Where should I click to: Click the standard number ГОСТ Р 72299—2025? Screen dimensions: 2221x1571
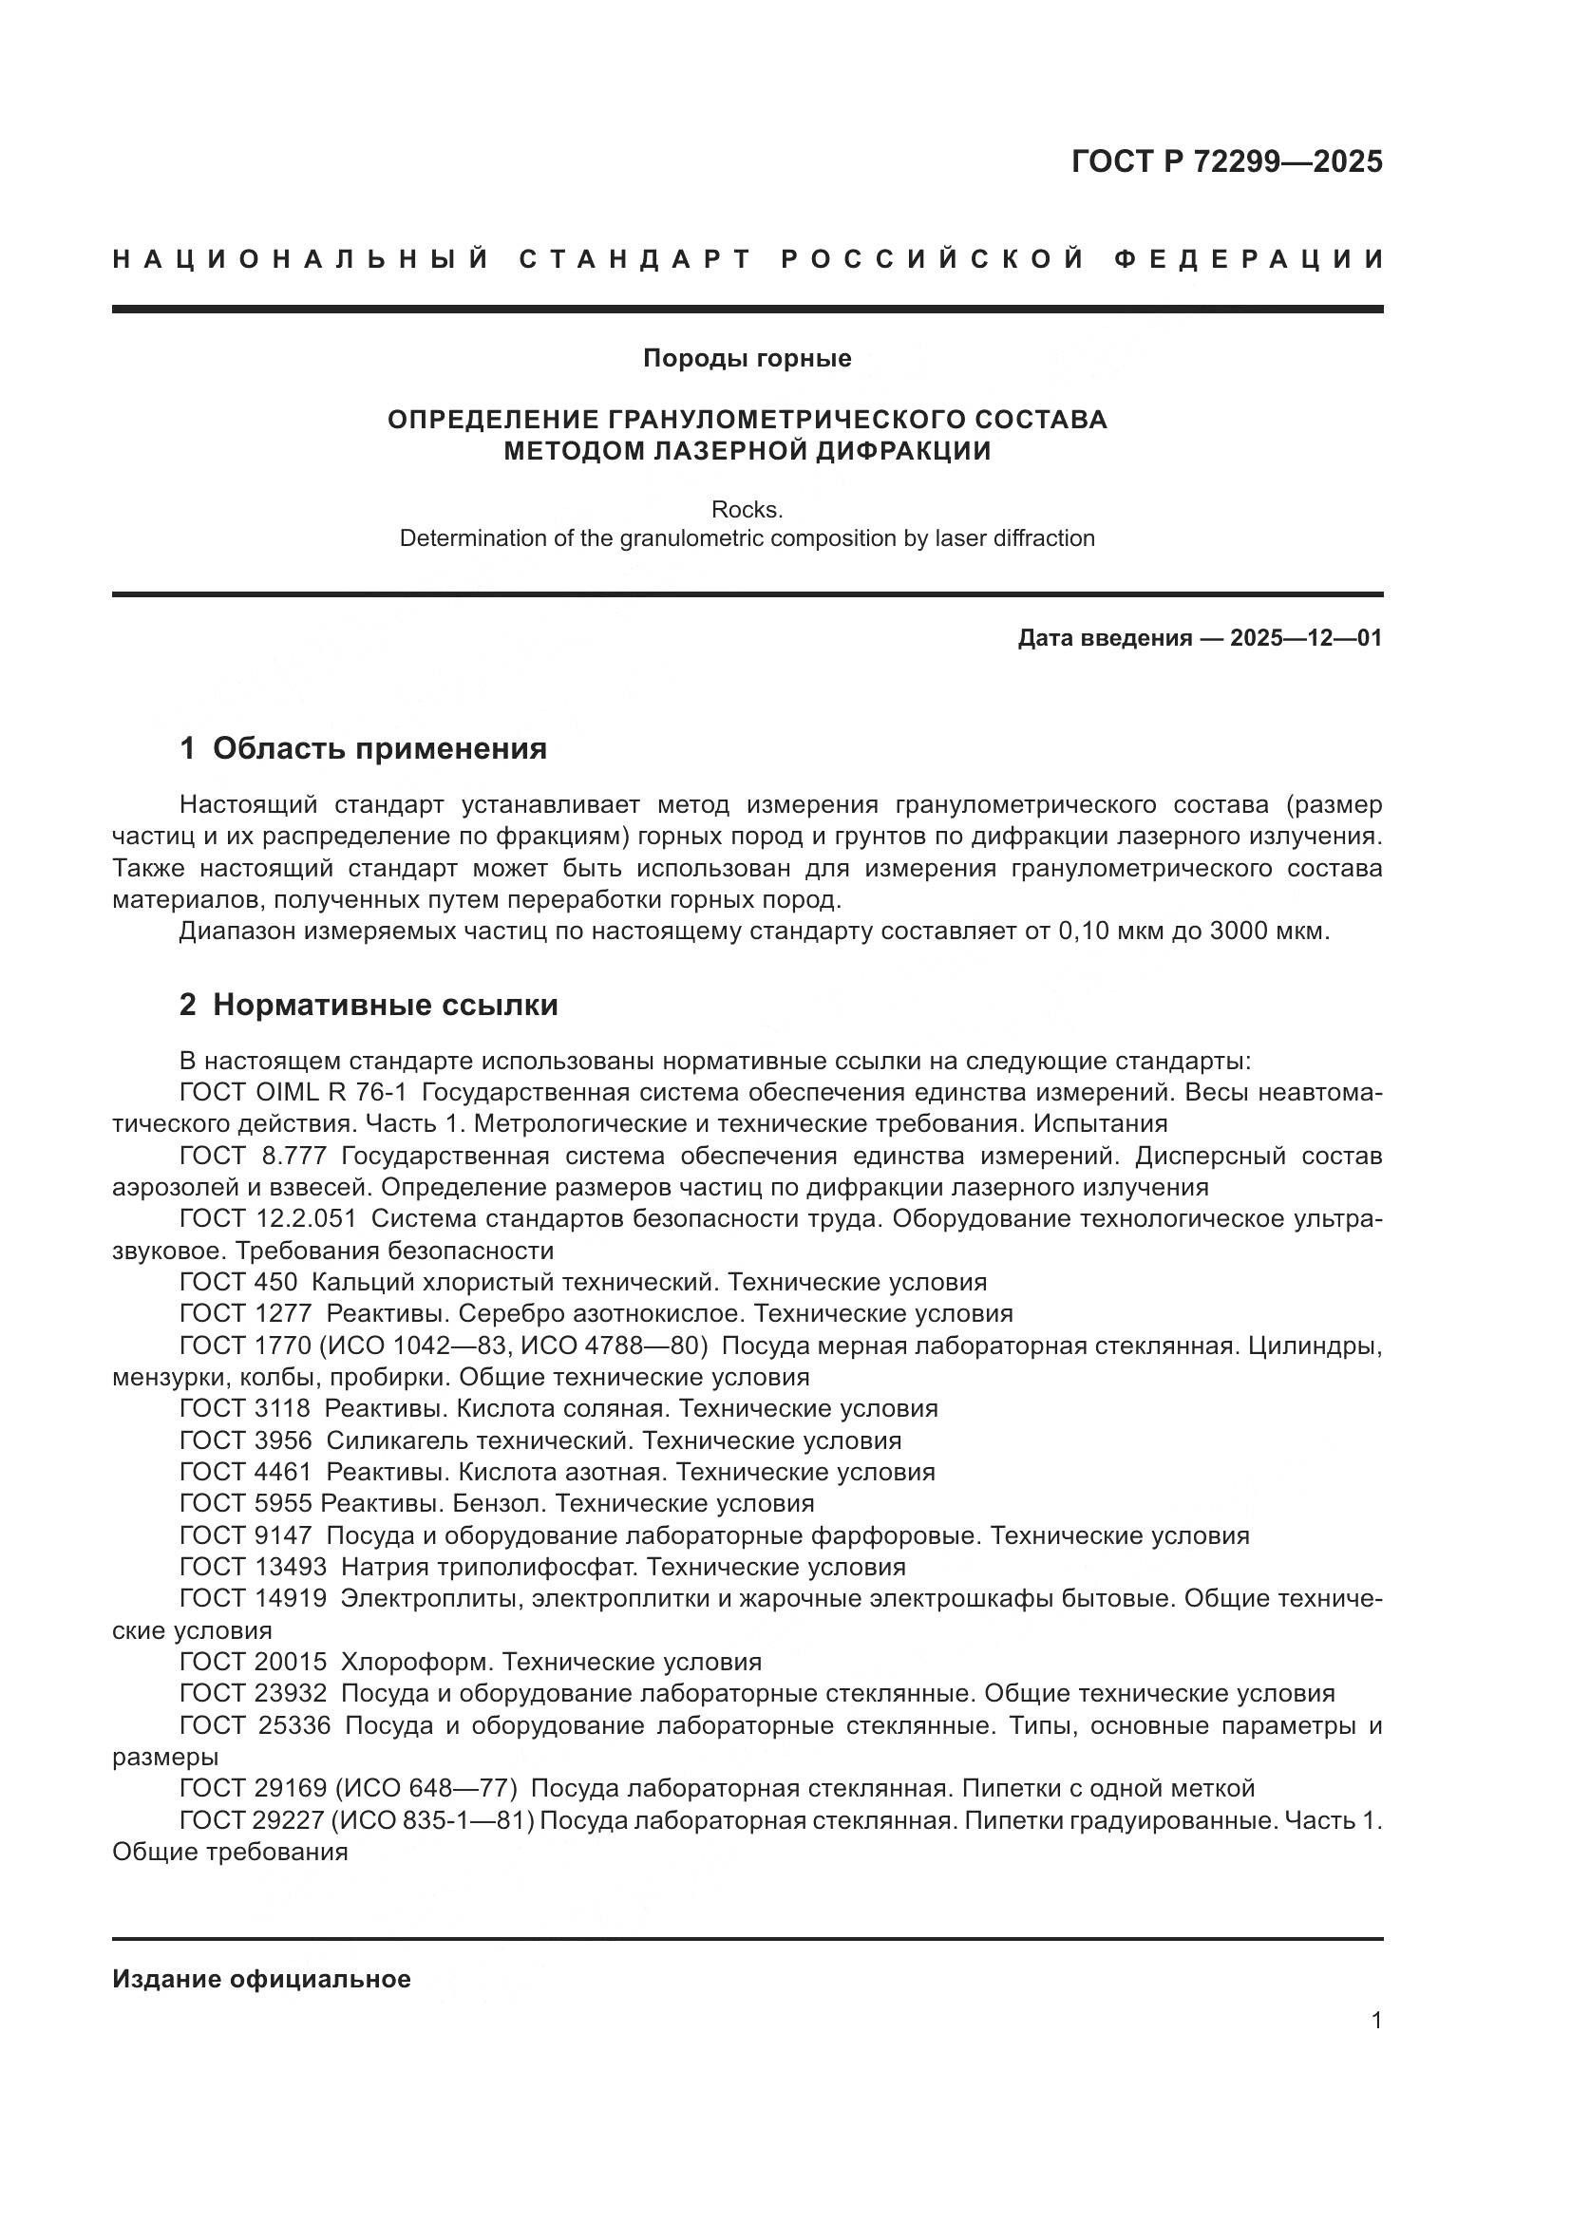pyautogui.click(x=1226, y=161)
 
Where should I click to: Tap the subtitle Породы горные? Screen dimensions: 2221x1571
pyautogui.click(x=747, y=359)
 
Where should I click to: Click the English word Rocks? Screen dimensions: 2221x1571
pyautogui.click(x=747, y=509)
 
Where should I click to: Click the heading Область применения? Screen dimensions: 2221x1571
pyautogui.click(x=379, y=747)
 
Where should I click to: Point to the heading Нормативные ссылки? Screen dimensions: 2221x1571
pyautogui.click(x=385, y=1005)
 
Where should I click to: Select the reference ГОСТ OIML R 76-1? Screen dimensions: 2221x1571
pyautogui.click(x=293, y=1093)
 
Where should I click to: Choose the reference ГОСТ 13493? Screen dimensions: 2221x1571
pyautogui.click(x=254, y=1567)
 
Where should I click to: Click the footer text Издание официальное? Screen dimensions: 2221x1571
pyautogui.click(x=261, y=1979)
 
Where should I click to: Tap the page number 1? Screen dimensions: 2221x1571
pyautogui.click(x=1376, y=2021)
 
